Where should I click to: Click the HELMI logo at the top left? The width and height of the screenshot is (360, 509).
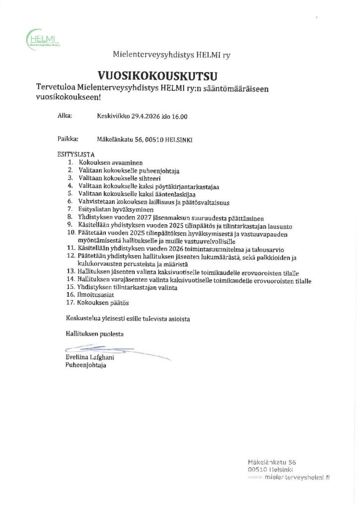coord(44,38)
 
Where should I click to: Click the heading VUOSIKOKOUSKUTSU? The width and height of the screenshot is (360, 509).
coord(158,76)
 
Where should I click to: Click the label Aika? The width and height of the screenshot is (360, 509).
coord(65,116)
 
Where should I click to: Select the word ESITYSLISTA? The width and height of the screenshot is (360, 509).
coord(76,155)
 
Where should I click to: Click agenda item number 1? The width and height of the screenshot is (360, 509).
coord(72,163)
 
